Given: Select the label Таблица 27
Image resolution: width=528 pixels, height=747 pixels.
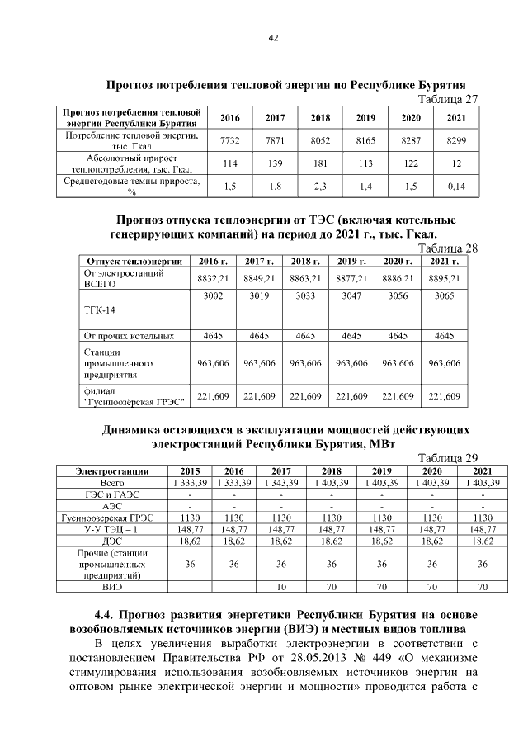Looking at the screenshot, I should tap(450, 99).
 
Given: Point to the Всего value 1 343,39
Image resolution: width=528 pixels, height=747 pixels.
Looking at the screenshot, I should tap(280, 482).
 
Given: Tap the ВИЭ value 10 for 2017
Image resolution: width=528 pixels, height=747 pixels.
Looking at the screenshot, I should tap(280, 587).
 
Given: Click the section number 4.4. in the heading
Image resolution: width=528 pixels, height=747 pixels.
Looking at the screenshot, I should tap(106, 615).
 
